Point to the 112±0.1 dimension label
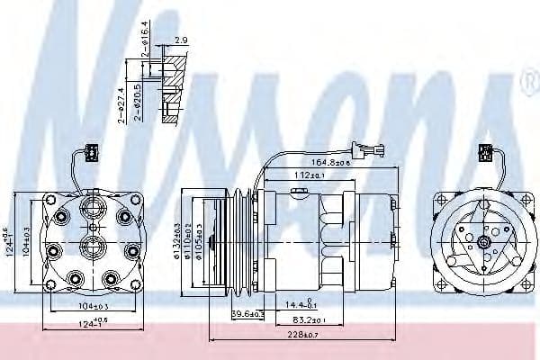(x=310, y=175)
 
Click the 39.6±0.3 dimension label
(x=222, y=313)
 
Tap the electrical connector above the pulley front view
(x=484, y=152)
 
